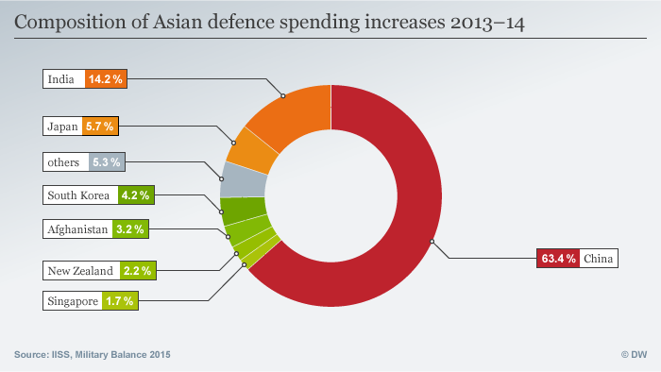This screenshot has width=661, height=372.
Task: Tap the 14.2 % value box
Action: click(x=105, y=79)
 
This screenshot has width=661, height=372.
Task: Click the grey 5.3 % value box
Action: click(x=107, y=161)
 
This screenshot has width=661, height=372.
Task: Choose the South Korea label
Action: click(x=79, y=195)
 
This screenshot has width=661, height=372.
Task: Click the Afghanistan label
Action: click(x=78, y=228)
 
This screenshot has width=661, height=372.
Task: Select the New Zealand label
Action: click(x=80, y=271)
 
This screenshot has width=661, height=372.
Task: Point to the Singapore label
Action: click(x=72, y=301)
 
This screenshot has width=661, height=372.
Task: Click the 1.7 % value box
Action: click(x=120, y=301)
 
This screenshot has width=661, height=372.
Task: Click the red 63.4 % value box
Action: click(x=557, y=258)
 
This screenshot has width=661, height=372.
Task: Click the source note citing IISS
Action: click(x=93, y=354)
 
